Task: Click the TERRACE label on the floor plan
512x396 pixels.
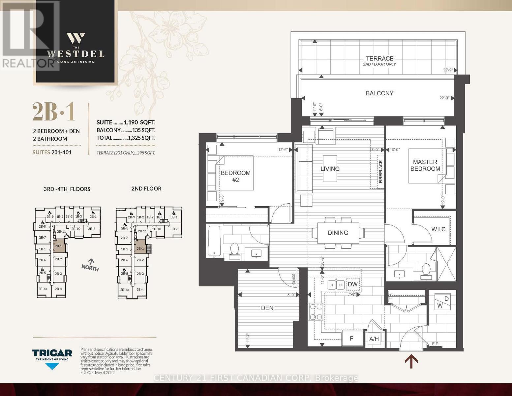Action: coord(379,58)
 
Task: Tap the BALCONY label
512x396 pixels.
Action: coord(379,93)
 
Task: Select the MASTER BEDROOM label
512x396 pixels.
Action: coord(425,165)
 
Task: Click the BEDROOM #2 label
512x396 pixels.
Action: coord(235,176)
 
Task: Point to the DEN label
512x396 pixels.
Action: coord(267,308)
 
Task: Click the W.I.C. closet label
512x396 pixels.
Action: coord(439,229)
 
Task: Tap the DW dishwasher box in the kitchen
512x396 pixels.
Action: coord(352,284)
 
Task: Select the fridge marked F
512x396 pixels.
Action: coord(351,338)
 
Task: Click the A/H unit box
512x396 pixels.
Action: coord(374,339)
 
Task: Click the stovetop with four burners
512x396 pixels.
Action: coord(316,312)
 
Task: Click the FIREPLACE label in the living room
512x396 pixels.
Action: coord(380,172)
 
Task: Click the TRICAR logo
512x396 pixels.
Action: coord(52,353)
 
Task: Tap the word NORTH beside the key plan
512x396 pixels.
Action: coord(90,268)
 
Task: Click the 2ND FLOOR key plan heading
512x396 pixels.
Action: coord(146,189)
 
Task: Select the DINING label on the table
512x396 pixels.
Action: coord(338,233)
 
